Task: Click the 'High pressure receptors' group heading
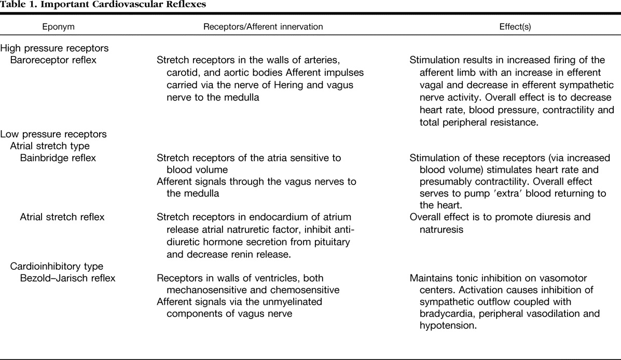click(54, 48)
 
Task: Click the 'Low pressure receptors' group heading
click(53, 134)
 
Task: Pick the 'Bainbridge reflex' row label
click(58, 158)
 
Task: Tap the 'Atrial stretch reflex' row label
click(62, 217)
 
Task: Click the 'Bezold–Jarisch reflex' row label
click(67, 278)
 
